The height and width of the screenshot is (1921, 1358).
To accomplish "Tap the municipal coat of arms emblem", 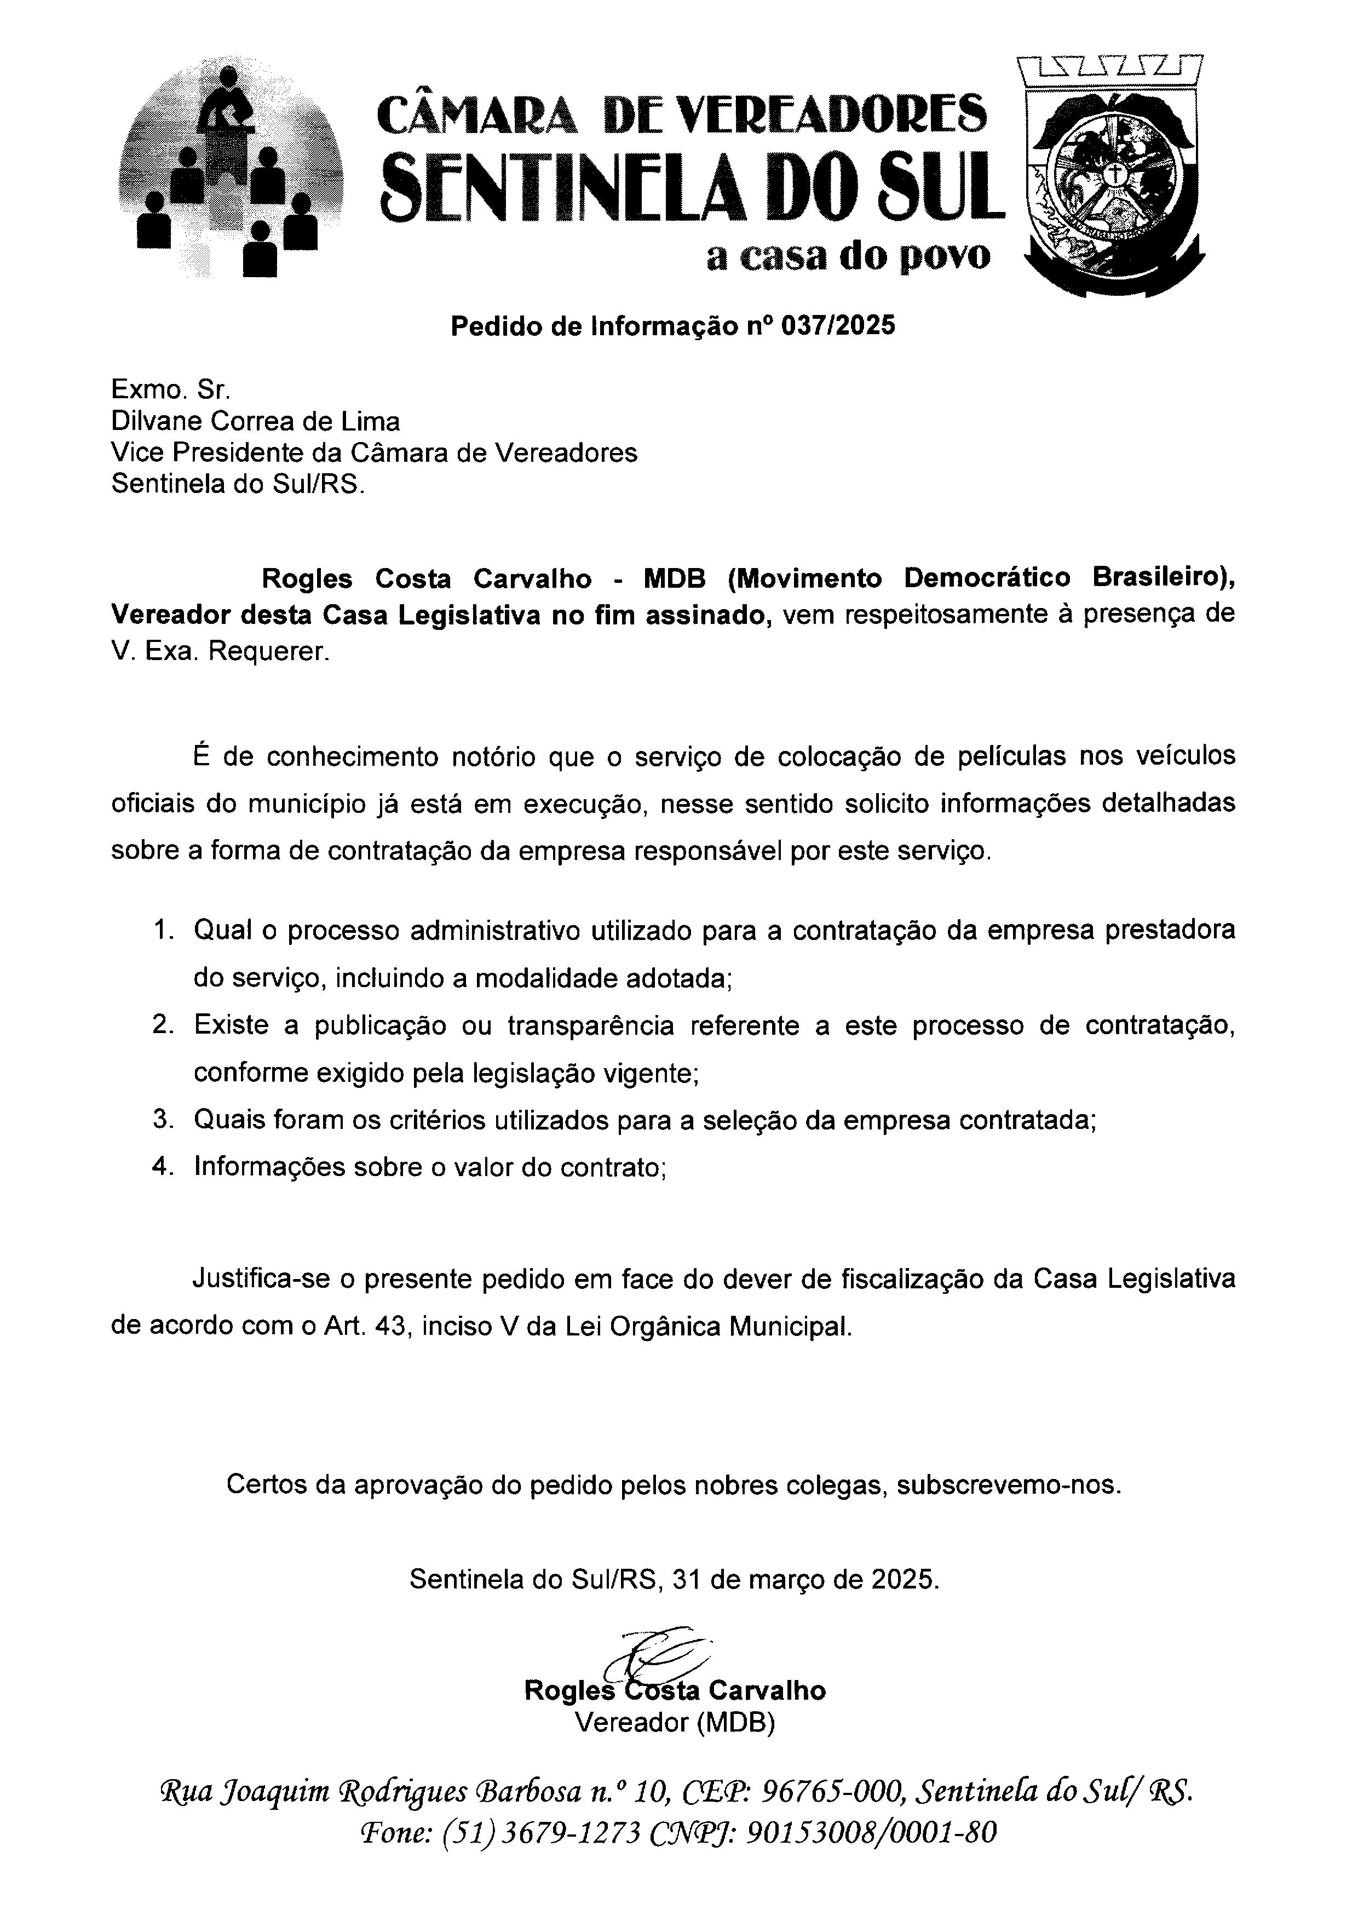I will coord(1112,176).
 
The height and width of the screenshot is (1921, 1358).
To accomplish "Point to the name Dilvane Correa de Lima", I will coord(256,421).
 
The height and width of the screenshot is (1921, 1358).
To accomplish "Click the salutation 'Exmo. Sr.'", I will coord(171,389).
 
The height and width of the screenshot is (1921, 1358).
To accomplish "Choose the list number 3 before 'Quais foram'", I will coord(162,1120).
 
